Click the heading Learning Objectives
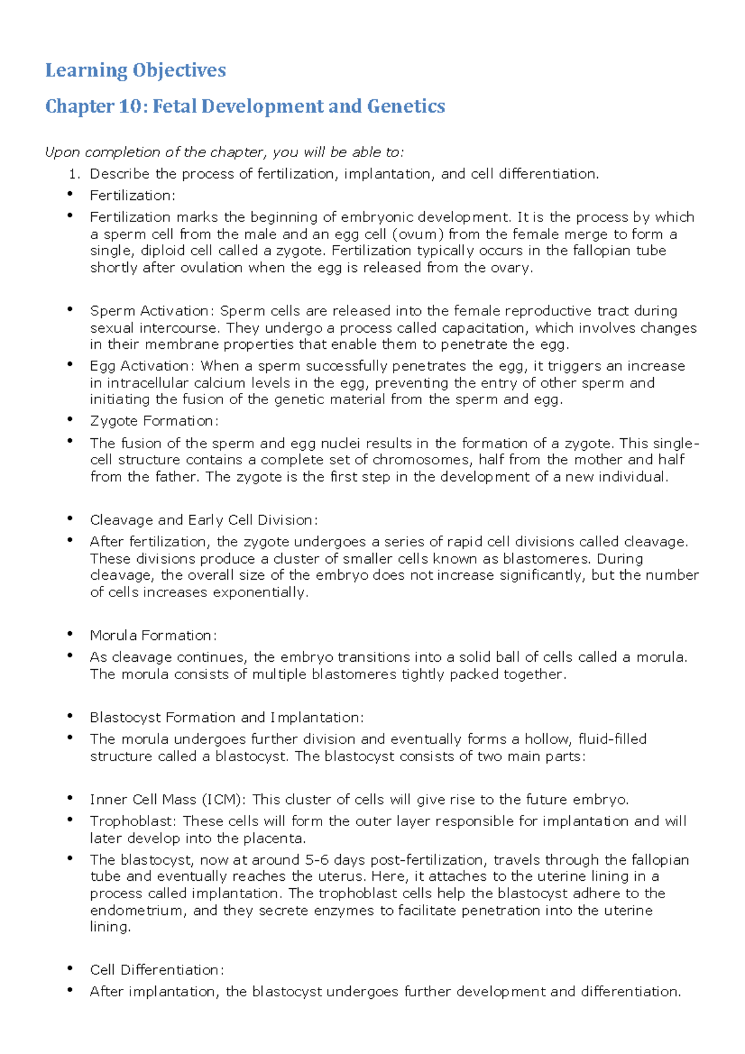pos(135,70)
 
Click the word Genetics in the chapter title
pos(406,106)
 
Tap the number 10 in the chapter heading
pos(130,106)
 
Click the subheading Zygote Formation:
pos(154,421)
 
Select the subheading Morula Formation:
pos(153,636)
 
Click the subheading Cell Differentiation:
pos(156,970)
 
